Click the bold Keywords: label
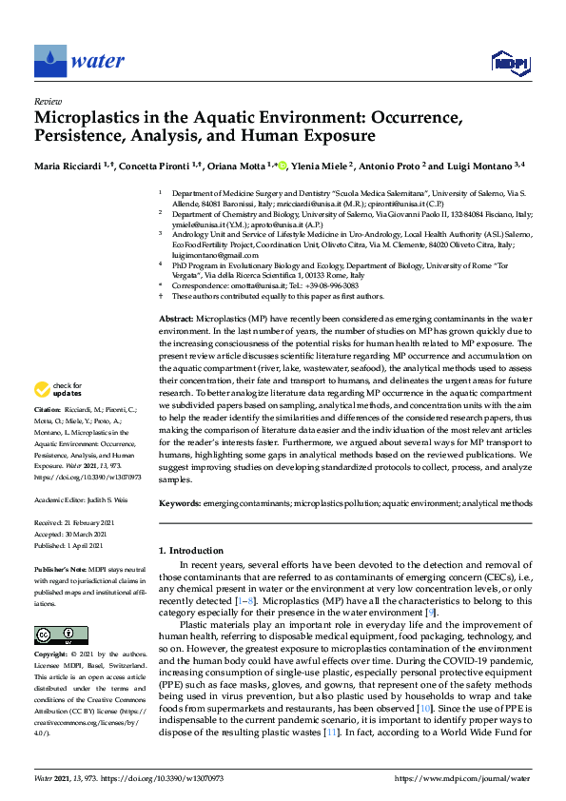(179, 501)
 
